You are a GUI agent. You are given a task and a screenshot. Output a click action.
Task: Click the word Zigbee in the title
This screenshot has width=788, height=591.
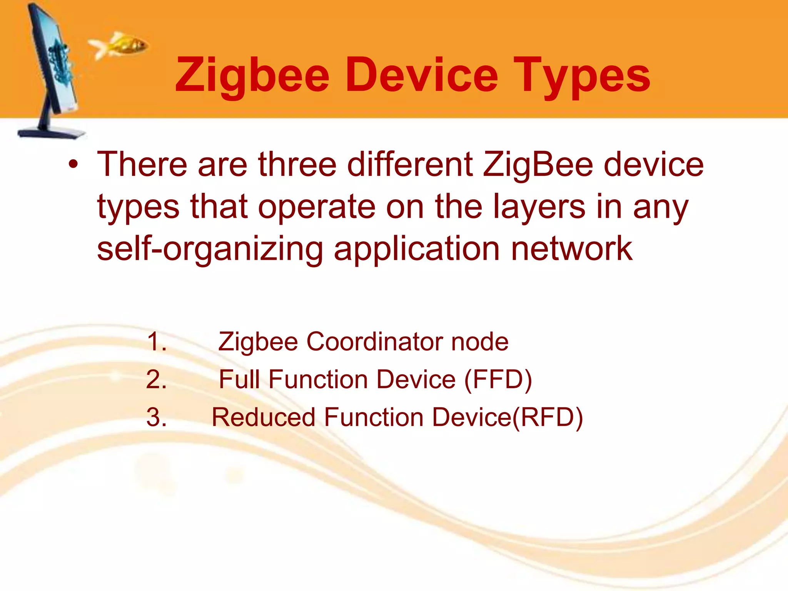tap(252, 75)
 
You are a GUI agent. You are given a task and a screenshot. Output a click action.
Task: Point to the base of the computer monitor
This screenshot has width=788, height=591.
tap(52, 133)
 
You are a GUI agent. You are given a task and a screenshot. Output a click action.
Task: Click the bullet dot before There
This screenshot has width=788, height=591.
tap(73, 165)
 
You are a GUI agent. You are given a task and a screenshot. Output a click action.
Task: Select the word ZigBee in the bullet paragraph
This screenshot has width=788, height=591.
tap(538, 165)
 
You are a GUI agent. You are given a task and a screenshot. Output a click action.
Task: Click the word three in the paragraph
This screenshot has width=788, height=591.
tap(297, 165)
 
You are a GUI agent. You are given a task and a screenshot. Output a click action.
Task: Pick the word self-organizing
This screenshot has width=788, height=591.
tap(210, 249)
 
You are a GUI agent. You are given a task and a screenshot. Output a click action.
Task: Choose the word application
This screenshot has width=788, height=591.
tap(417, 249)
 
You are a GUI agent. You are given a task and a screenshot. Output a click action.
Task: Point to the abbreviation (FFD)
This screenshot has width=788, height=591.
tap(498, 380)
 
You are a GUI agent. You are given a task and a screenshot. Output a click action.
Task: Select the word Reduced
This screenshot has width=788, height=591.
tap(263, 417)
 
